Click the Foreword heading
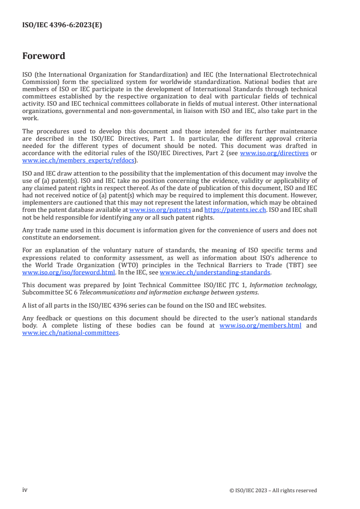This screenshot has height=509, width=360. pyautogui.click(x=44, y=56)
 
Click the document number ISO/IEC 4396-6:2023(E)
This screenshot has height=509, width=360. pyautogui.click(x=62, y=25)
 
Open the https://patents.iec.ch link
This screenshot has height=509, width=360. pyautogui.click(x=235, y=210)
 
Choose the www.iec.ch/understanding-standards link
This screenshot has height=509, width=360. pyautogui.click(x=215, y=273)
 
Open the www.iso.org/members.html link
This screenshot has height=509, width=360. pyautogui.click(x=260, y=325)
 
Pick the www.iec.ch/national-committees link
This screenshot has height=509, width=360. pyautogui.click(x=71, y=332)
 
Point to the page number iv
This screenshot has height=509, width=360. pyautogui.click(x=25, y=490)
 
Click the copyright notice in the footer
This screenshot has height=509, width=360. pyautogui.click(x=273, y=490)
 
